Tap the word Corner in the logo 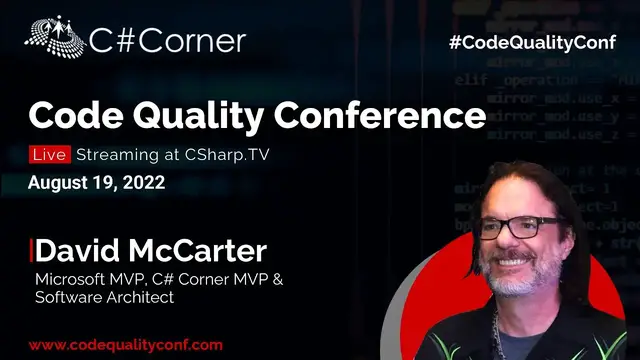coord(195,41)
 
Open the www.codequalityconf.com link coord(125,344)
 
